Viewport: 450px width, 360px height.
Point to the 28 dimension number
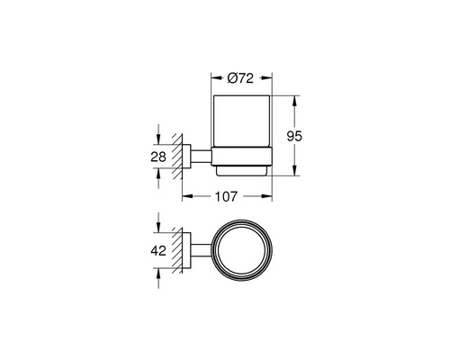point(158,158)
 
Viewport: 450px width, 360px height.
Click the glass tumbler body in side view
point(241,126)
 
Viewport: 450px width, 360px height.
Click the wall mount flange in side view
point(186,158)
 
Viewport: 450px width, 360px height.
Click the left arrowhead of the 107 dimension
point(186,193)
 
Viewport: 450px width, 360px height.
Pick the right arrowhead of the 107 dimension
point(271,193)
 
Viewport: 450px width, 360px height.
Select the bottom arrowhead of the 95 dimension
point(294,174)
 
